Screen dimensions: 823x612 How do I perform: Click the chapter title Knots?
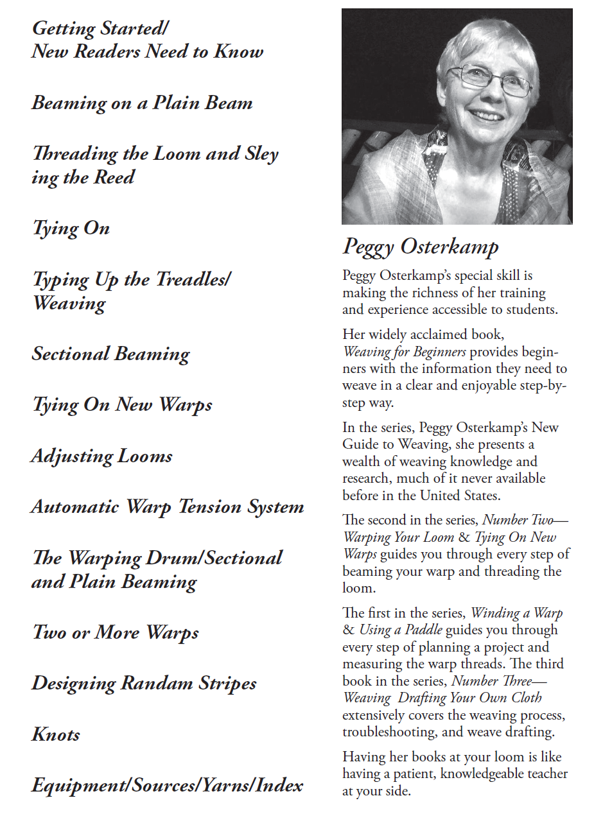56,734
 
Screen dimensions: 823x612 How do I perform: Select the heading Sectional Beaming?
111,354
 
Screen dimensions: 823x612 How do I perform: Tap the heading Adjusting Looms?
102,456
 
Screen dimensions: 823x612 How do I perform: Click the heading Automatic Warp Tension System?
168,507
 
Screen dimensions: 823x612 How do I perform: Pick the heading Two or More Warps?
116,633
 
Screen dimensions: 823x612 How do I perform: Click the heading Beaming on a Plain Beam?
142,103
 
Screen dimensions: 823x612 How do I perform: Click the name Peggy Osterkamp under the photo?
421,247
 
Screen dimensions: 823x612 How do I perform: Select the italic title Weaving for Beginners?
405,352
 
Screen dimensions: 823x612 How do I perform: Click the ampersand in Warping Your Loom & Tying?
464,537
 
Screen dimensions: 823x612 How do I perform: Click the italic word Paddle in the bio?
423,630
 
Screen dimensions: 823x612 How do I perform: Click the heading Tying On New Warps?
122,405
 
